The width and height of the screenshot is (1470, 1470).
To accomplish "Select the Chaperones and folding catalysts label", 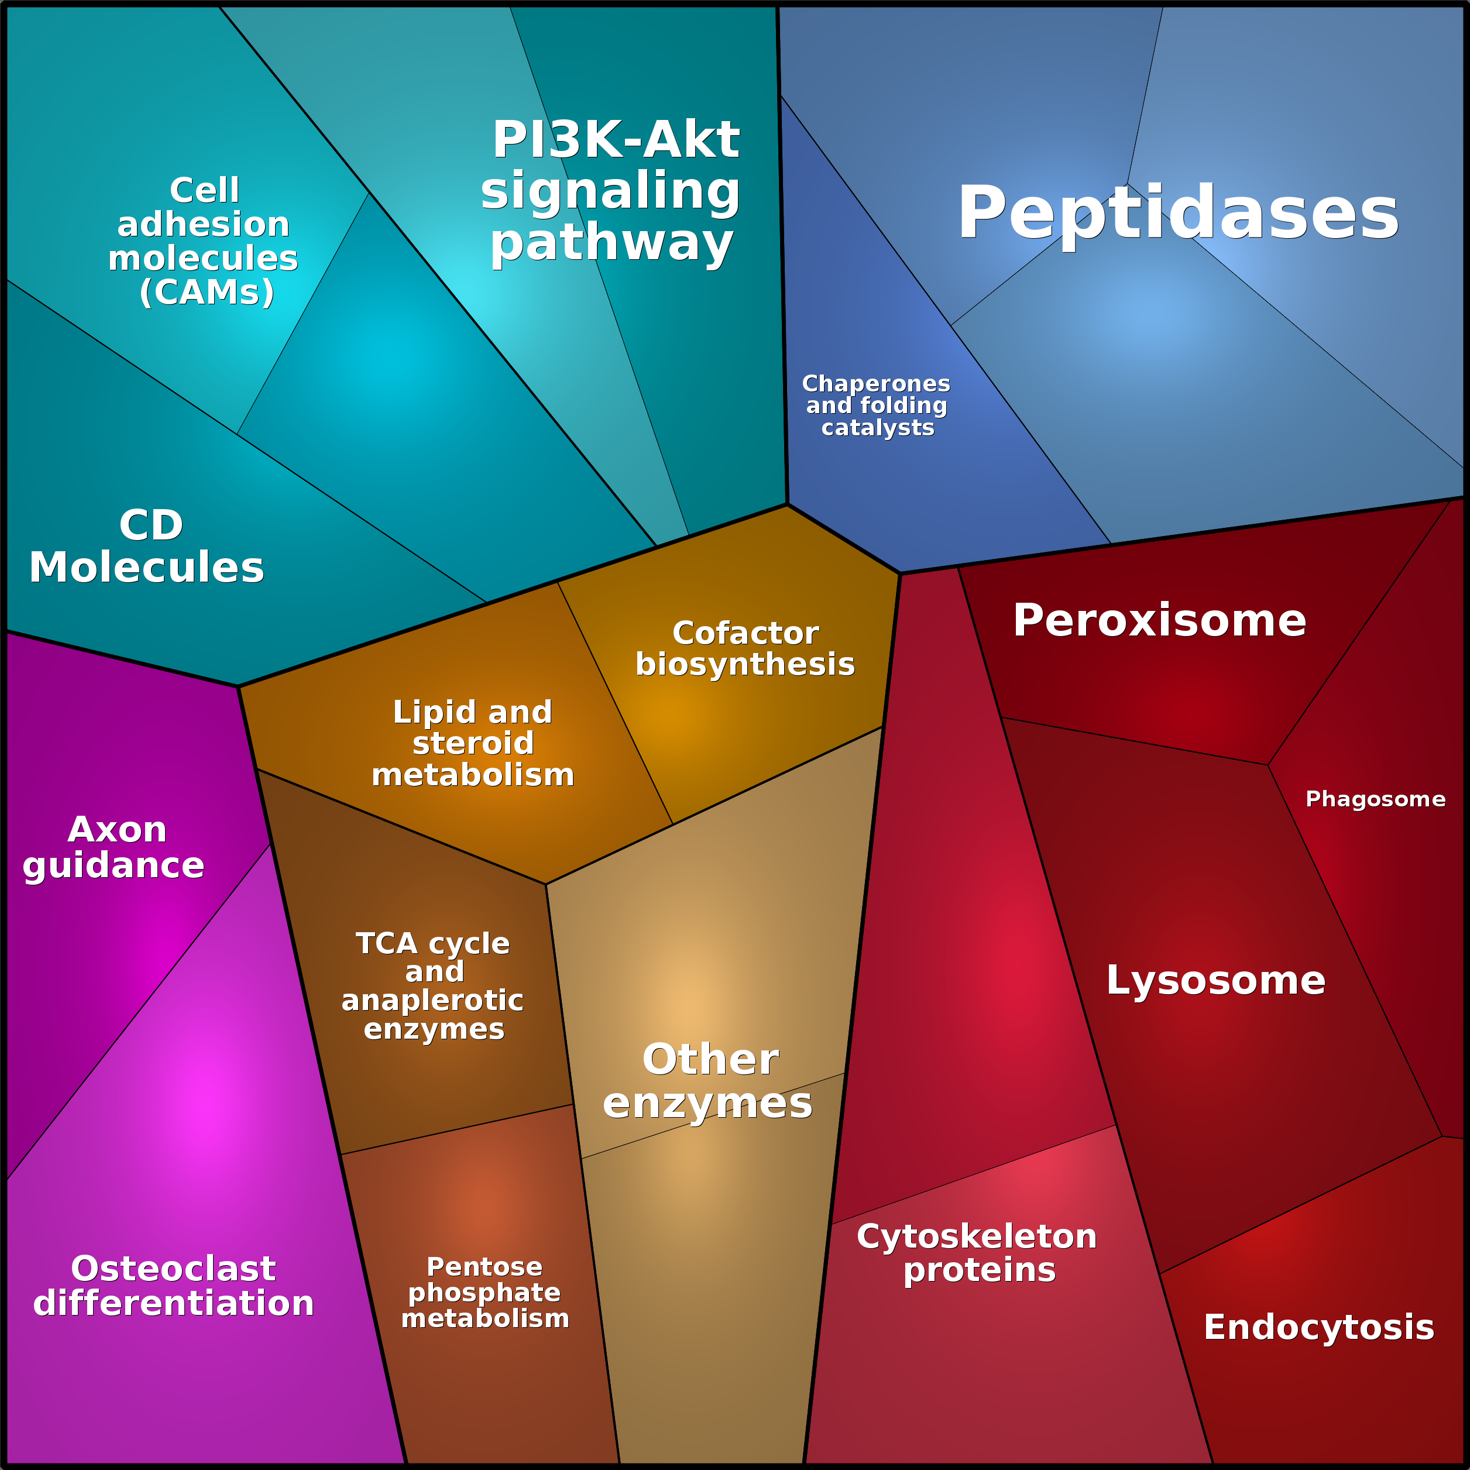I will point(877,406).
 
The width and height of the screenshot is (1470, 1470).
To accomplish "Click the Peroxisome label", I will point(1159,621).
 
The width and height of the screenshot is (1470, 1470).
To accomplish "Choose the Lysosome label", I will point(1215,980).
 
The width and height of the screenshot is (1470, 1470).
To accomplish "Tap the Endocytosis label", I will point(1318,1328).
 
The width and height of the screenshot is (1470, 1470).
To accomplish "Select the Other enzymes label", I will point(708,1081).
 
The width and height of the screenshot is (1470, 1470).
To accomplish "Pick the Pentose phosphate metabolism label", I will point(485,1293).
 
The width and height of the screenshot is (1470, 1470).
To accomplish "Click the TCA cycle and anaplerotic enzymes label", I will point(433,986).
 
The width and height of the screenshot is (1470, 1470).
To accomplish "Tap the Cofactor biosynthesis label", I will point(745,648).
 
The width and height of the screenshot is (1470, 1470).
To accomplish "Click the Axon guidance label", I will point(115,847).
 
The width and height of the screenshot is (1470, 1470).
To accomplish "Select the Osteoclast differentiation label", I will point(173,1286).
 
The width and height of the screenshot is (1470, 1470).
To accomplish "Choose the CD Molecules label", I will point(147,547).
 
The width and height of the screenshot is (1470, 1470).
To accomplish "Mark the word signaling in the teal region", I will point(610,191).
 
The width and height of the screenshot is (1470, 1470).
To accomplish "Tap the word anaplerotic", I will point(432,1001).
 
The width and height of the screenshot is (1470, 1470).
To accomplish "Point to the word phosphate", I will point(484,1293).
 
